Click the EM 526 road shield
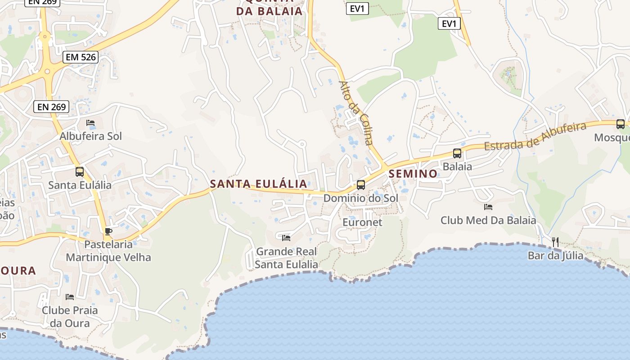click(81, 57)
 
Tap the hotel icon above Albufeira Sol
click(90, 123)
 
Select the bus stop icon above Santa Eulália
click(80, 171)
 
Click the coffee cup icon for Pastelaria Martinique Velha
click(108, 231)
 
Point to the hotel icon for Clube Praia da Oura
click(70, 297)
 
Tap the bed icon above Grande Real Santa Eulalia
click(286, 238)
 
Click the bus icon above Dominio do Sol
click(360, 184)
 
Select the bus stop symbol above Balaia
click(457, 153)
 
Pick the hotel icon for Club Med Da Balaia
click(488, 207)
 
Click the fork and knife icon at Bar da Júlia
click(555, 242)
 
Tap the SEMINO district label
click(413, 174)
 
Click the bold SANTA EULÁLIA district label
click(259, 184)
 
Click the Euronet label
click(362, 222)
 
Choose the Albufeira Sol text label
click(91, 136)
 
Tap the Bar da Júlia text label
click(555, 256)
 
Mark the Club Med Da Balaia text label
click(488, 220)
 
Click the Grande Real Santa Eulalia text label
click(287, 258)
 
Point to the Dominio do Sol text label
click(361, 198)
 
